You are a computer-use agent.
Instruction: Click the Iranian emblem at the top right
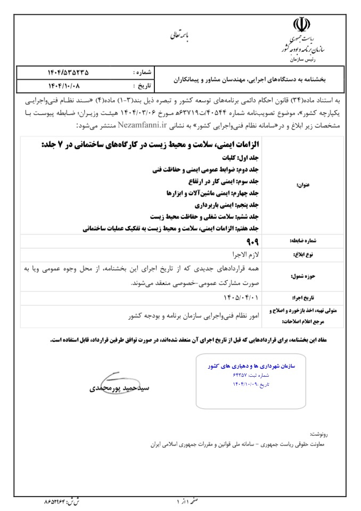(300, 25)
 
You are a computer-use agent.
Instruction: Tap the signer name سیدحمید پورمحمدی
(120, 389)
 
